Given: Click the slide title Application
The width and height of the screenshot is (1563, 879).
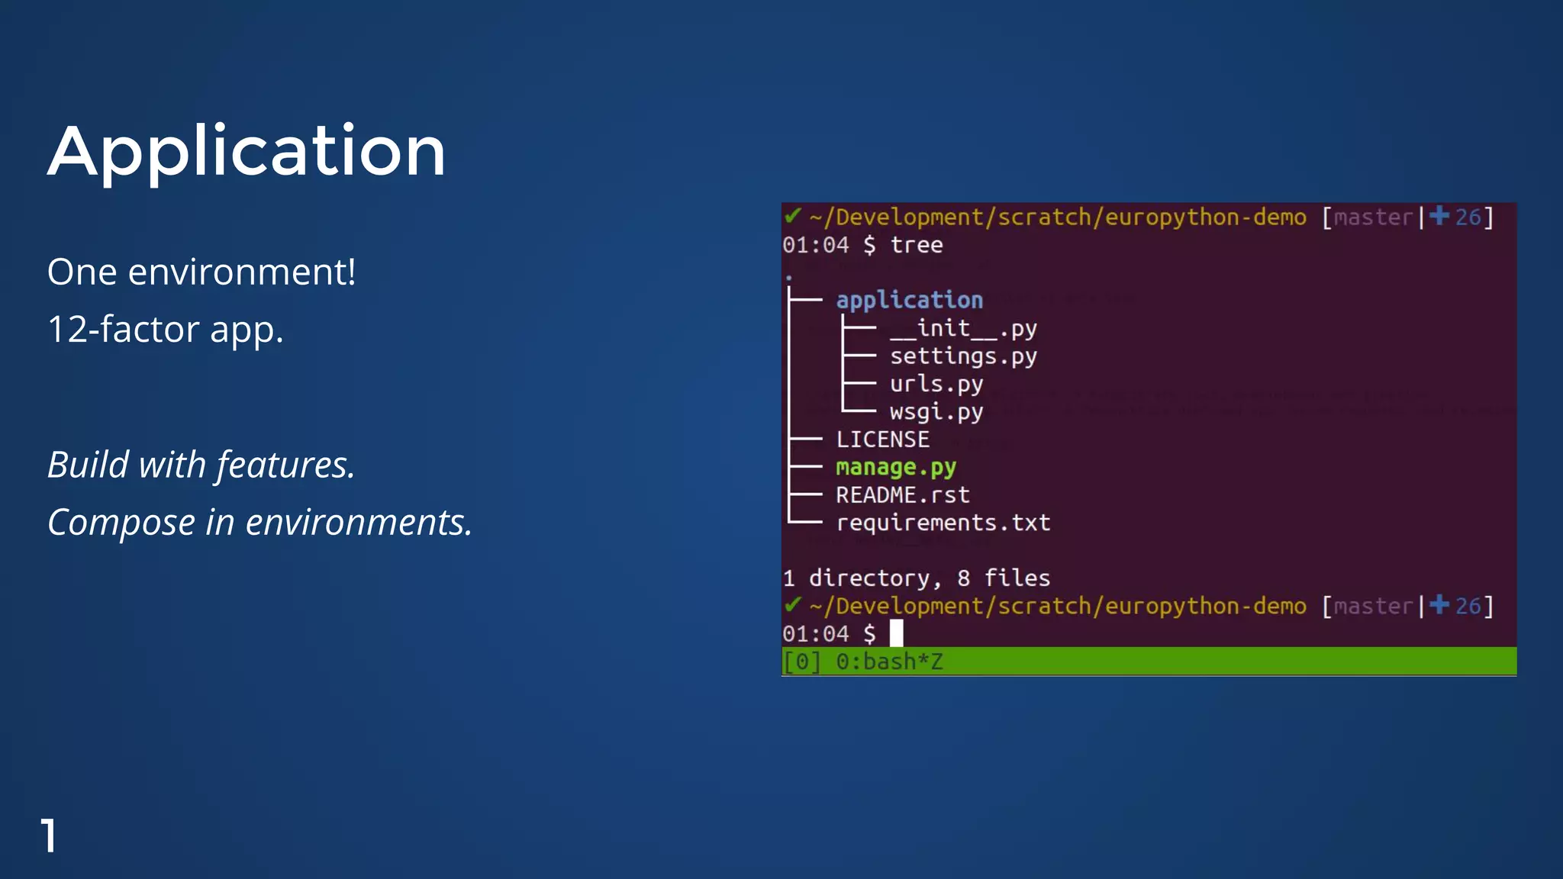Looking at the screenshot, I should [247, 151].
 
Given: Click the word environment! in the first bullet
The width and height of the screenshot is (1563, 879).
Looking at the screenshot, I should [241, 272].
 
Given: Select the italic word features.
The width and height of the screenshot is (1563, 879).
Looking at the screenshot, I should [285, 465].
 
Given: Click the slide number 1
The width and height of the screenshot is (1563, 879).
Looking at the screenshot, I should [48, 836].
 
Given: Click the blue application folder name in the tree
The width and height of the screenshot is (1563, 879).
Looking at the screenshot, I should [909, 300].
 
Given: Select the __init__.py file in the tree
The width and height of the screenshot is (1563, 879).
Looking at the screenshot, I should [963, 328].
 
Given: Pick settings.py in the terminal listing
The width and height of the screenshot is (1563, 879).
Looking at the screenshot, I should [963, 356].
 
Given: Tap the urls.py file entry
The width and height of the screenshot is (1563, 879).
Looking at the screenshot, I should [936, 384].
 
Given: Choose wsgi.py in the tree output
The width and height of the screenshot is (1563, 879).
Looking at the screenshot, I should [936, 412].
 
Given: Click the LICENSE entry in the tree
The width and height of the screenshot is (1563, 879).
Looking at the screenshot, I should [882, 439].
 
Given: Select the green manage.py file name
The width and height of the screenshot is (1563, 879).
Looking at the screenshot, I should [895, 467].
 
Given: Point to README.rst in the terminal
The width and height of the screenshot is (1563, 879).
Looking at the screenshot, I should [902, 495].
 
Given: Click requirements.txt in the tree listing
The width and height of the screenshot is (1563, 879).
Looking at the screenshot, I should [943, 523].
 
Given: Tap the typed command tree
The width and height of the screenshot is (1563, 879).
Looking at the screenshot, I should [916, 245].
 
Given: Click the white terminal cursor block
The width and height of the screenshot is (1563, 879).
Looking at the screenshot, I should [896, 633].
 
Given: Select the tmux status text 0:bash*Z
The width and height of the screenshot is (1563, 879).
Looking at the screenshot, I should [889, 662].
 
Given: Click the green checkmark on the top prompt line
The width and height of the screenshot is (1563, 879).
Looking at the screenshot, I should [792, 217].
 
